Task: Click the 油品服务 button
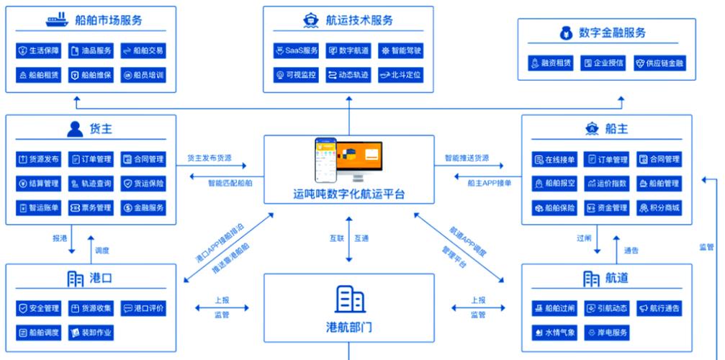click(91, 51)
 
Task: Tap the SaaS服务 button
click(296, 51)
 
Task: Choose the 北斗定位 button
click(400, 75)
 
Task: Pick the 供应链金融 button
click(659, 63)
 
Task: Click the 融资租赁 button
click(551, 63)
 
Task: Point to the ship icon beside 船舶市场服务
click(57, 20)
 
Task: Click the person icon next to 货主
click(75, 129)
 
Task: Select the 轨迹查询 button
click(91, 184)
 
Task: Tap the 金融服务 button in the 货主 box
click(143, 208)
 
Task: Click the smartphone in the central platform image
click(325, 160)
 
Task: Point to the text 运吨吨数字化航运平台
click(349, 194)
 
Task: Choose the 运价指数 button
click(607, 184)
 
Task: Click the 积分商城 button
click(659, 208)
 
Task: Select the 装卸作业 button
click(91, 333)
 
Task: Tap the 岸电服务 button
click(607, 333)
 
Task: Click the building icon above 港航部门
click(350, 299)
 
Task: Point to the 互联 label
click(336, 239)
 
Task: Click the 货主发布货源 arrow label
click(210, 158)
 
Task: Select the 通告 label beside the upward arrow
click(631, 251)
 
